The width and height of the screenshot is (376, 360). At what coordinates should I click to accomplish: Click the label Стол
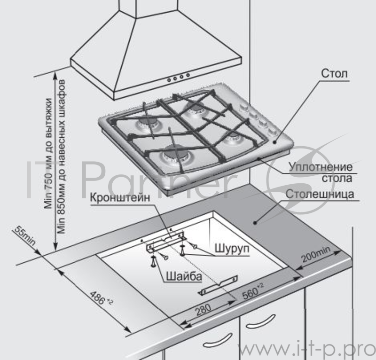point(334,74)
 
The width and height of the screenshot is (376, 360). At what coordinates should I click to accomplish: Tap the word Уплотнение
point(321,167)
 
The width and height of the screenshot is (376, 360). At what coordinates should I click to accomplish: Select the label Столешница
point(320,194)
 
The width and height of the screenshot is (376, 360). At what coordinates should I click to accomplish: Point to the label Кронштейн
point(120,198)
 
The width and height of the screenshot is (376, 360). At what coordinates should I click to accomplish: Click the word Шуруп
point(232,249)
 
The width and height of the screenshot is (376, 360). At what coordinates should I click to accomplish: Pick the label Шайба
point(184,276)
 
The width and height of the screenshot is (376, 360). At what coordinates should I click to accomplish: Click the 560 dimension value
point(253,291)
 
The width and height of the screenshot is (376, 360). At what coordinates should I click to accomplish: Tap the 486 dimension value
point(101,298)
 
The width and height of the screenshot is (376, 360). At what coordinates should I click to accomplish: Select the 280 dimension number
point(204,310)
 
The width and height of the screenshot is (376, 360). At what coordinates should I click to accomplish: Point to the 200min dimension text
point(316,254)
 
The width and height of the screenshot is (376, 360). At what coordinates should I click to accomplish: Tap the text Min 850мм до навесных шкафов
point(62,157)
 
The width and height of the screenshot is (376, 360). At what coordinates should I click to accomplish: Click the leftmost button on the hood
point(169,80)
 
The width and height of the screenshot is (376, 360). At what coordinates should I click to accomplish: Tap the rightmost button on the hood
point(188,75)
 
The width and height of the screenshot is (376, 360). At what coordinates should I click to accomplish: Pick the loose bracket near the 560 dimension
point(218,285)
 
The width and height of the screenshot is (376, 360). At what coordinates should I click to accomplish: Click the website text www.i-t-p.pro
point(306,349)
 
